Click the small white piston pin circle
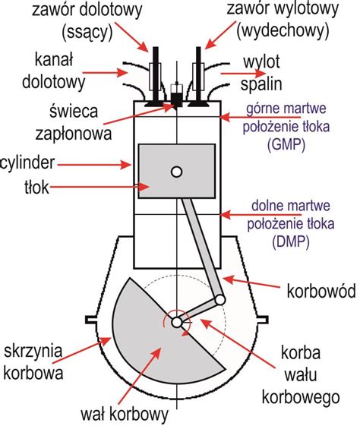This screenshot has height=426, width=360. (176, 172)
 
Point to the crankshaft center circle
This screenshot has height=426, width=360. (176, 323)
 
